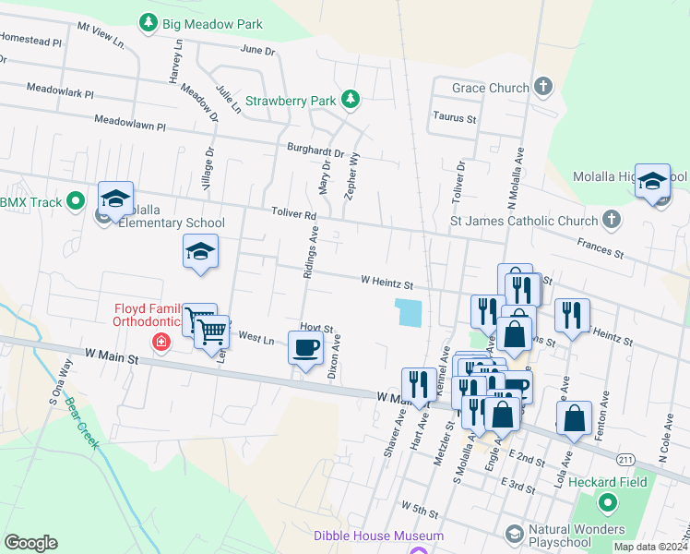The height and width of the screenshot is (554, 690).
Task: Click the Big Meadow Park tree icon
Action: point(148,21)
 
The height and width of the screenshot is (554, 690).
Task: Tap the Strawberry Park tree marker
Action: point(350,98)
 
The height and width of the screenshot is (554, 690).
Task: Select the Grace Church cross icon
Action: point(543,88)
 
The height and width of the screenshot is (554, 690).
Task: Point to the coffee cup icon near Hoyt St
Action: point(305,348)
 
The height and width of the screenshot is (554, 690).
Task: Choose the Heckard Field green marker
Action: point(607,503)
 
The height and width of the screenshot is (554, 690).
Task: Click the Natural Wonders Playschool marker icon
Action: point(514,533)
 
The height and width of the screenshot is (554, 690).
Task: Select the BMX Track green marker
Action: point(76,200)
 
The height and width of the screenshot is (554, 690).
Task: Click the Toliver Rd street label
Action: point(293,214)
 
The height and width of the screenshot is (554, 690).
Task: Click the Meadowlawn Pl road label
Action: point(129,123)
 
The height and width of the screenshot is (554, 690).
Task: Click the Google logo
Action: point(30,543)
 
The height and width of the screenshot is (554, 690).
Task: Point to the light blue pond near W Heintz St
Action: point(407,312)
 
